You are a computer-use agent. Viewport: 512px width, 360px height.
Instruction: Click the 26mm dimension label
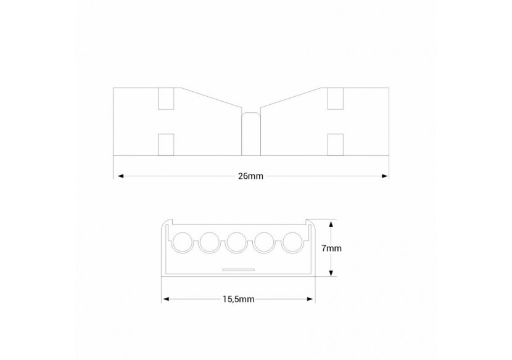[250, 176]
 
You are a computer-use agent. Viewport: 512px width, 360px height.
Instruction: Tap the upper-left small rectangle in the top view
[167, 99]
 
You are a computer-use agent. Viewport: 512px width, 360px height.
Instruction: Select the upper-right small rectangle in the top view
[335, 99]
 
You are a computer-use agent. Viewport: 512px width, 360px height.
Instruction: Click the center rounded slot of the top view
[251, 133]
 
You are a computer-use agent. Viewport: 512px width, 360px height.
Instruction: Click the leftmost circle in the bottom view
[182, 242]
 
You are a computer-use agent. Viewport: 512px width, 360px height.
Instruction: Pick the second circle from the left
[210, 242]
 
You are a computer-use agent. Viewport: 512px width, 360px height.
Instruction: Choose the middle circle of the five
[237, 242]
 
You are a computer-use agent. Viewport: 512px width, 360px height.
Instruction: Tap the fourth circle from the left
[265, 242]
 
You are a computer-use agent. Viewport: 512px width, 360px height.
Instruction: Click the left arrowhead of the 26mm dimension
[118, 176]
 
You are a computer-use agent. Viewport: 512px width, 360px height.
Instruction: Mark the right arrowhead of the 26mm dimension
[385, 176]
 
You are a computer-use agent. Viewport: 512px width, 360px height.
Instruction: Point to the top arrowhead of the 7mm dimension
[332, 223]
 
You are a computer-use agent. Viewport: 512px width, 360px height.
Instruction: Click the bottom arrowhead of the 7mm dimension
[332, 275]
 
